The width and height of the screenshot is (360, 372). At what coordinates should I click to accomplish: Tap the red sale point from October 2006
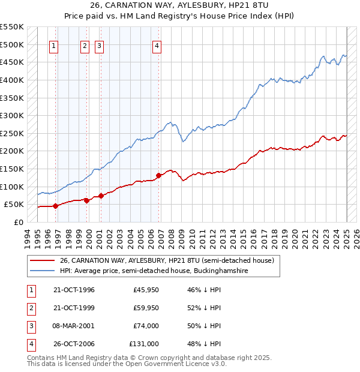coord(159,176)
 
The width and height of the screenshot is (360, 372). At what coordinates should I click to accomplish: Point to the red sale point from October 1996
coord(56,206)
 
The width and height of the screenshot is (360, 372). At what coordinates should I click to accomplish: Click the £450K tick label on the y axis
coord(12,62)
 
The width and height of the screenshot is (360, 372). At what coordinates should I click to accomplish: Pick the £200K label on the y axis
coord(12,151)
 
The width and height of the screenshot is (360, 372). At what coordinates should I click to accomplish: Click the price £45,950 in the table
coord(146,290)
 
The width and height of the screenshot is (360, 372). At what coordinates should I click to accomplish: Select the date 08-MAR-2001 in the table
coord(74,326)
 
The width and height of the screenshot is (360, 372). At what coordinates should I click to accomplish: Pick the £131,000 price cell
coord(144,344)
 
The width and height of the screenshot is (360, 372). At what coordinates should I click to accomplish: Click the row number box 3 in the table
coord(29,326)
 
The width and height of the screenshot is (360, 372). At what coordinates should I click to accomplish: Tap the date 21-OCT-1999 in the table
coord(74,308)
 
